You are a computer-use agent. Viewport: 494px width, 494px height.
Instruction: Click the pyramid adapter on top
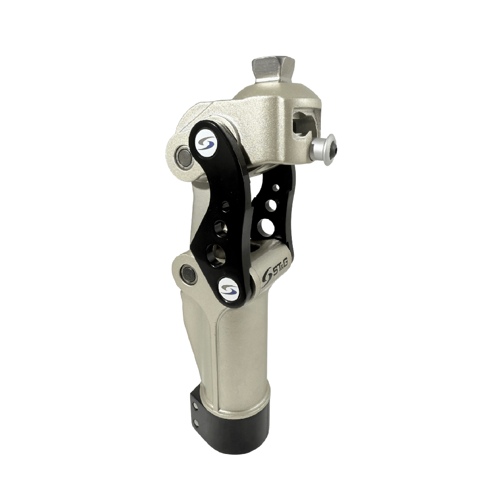coord(273,70)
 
